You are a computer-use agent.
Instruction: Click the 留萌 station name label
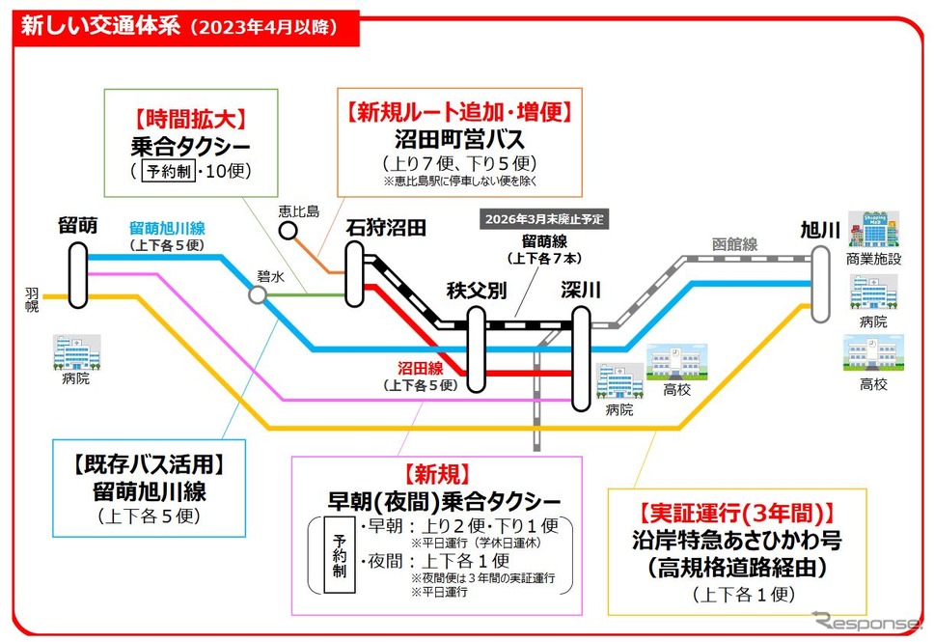coord(77,225)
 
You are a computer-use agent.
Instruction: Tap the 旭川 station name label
coord(819,230)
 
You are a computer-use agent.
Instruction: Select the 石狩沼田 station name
coord(386,228)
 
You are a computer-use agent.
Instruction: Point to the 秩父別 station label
coord(477,291)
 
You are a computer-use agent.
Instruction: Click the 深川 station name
coord(580,290)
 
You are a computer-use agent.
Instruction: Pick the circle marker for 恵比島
coord(288,230)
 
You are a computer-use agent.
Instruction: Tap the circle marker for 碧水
coord(258,294)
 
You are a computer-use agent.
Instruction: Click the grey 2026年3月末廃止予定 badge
coord(544,219)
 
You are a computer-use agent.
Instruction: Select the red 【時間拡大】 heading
coord(191,119)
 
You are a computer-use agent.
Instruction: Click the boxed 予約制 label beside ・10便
coord(169,172)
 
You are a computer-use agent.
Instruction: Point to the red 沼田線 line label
coord(421,368)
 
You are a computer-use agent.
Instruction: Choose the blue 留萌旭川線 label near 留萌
coord(167,228)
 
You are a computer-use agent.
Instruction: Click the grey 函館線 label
coord(734,244)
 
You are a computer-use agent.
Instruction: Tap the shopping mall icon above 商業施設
coord(874,229)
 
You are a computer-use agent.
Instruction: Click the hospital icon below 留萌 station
coord(77,351)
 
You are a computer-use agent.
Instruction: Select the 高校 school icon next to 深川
coord(676,362)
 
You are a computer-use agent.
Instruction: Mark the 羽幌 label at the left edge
coord(32,300)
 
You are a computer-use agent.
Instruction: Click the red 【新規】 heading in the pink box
coord(437,474)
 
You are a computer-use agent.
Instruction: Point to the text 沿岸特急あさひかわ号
coord(737,540)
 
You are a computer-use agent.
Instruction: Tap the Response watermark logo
coord(866,621)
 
